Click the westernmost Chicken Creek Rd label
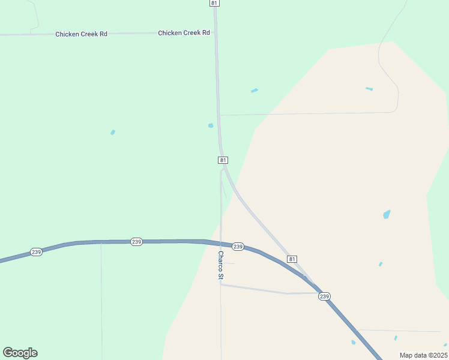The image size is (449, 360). [81, 34]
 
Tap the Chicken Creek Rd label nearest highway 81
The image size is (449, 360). [184, 33]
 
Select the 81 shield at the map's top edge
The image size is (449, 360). [214, 3]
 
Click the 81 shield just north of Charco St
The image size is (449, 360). [223, 160]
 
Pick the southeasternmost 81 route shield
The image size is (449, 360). [292, 259]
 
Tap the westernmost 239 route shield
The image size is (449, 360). [36, 252]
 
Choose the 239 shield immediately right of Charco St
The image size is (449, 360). [238, 247]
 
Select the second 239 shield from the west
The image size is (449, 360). [136, 241]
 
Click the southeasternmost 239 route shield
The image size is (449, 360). [324, 296]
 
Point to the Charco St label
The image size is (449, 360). [221, 265]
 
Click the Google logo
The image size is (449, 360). [20, 353]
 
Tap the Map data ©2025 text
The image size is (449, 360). [423, 355]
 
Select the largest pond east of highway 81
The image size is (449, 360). [387, 214]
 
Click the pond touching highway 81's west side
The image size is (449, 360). [211, 125]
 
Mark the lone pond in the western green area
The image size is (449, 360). [113, 132]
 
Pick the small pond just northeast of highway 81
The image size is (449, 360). [255, 91]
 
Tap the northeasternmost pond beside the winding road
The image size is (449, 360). [369, 89]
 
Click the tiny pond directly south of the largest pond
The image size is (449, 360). [381, 264]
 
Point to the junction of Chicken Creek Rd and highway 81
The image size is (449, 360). [215, 33]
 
